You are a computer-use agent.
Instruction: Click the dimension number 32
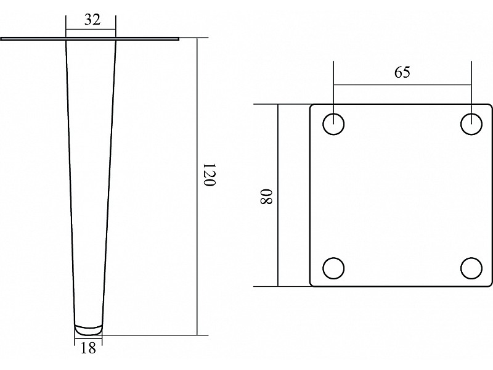click(92, 20)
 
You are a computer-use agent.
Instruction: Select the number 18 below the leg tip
click(88, 348)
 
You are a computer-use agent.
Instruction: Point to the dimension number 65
click(402, 72)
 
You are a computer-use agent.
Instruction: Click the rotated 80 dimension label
click(266, 197)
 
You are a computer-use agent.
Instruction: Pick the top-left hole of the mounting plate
click(333, 125)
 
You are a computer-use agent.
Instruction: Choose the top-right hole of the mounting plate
click(471, 125)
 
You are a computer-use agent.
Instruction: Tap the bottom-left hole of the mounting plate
click(333, 268)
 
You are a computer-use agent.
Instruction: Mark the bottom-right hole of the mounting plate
click(471, 268)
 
